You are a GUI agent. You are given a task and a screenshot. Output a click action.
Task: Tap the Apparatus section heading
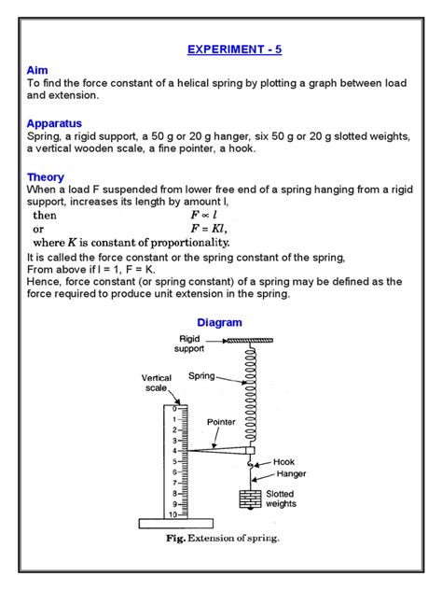(x=54, y=122)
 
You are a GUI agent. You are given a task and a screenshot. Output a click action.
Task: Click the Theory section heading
(x=45, y=176)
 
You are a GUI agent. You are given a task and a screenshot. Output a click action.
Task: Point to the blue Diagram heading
(x=220, y=322)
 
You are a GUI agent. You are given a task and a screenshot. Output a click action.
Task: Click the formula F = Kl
(x=208, y=229)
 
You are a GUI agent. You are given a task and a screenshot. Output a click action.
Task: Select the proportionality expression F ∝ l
(x=202, y=215)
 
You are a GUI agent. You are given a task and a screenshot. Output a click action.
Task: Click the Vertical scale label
(x=156, y=384)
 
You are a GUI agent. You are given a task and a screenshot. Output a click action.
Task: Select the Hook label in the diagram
(x=283, y=461)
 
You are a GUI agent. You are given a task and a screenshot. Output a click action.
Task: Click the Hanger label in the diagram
(x=290, y=473)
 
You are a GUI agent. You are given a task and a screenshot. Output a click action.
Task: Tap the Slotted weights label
(x=282, y=499)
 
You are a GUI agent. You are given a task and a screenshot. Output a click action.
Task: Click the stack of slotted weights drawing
(x=249, y=499)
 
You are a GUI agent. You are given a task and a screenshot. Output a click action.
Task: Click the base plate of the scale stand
(x=178, y=524)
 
